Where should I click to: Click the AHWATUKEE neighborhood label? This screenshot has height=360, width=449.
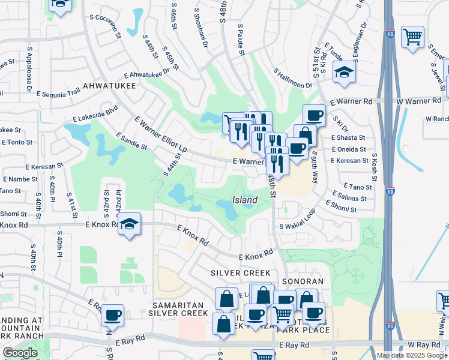click(x=110, y=86)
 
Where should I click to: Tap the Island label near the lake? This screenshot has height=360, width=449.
click(x=245, y=200)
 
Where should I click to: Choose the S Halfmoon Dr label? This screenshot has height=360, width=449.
click(x=293, y=78)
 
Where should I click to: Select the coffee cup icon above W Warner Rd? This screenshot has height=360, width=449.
click(x=314, y=114)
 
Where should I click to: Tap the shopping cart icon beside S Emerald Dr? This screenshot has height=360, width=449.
click(x=412, y=37)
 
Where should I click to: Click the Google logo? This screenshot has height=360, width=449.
click(x=20, y=353)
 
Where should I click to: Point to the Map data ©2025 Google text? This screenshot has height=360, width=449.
click(x=412, y=355)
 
